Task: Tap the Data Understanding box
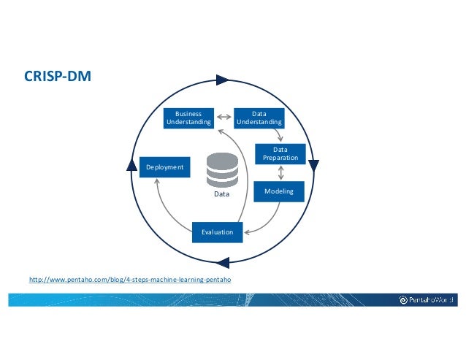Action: [259, 118]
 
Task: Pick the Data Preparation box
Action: [280, 153]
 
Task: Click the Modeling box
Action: [278, 191]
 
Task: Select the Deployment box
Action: [164, 167]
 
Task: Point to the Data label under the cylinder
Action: [221, 196]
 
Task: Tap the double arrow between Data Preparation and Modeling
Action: [281, 173]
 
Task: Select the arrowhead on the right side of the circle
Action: [313, 165]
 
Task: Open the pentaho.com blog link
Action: [132, 280]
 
